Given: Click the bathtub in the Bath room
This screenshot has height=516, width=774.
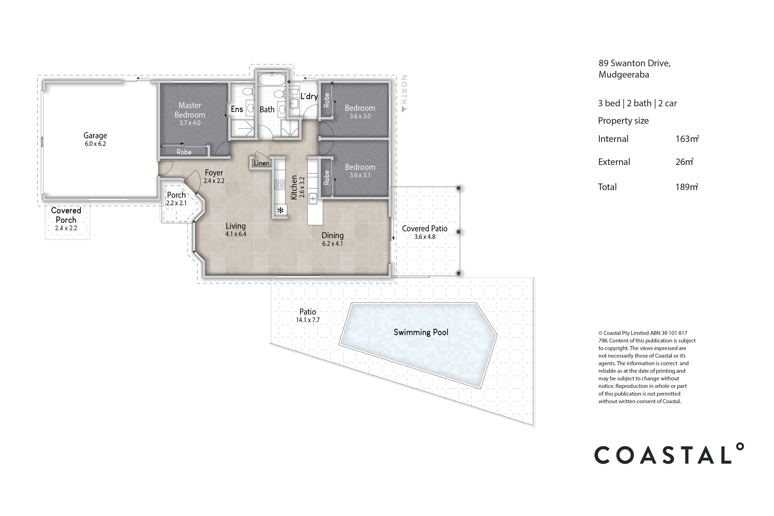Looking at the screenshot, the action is [271, 79].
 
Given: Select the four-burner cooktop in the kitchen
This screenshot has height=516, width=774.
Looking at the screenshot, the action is [280, 185].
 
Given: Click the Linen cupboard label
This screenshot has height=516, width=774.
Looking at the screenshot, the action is [262, 163].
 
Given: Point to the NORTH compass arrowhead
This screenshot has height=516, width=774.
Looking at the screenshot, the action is [404, 110].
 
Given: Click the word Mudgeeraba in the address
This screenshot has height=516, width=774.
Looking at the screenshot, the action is [624, 75].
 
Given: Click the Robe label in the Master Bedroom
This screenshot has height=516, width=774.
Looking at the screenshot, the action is [184, 152].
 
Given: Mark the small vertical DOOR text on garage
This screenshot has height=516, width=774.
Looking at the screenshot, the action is [42, 142].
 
